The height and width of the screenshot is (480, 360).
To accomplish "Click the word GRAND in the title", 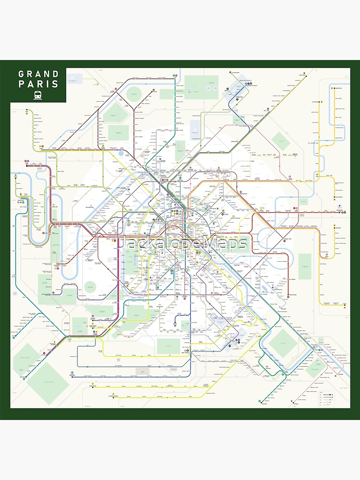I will point(38,74).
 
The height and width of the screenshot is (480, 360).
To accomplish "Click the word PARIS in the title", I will point(38,84).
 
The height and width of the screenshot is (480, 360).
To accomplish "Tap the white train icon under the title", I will point(38,95).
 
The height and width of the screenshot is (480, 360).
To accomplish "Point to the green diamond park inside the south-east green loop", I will point(282,343).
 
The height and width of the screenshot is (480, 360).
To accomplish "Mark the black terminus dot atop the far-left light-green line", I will point(27,110).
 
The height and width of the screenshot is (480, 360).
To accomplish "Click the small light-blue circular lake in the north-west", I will point(120,154).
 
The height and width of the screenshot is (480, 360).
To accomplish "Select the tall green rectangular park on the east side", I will point(304,267).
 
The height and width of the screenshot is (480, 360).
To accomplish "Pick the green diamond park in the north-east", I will point(279,141).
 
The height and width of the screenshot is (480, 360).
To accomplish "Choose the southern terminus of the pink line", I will point(290,404).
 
